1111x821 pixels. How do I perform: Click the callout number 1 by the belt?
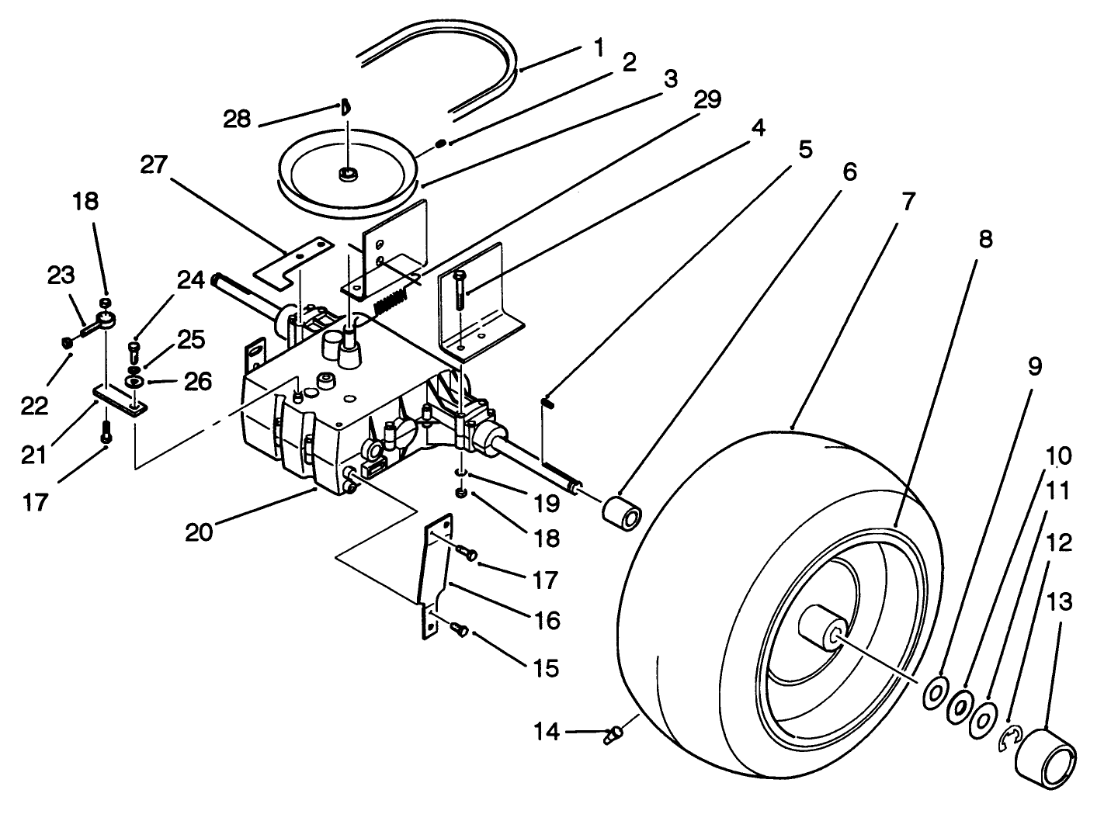pyautogui.click(x=598, y=48)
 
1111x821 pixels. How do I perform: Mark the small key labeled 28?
pyautogui.click(x=346, y=107)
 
